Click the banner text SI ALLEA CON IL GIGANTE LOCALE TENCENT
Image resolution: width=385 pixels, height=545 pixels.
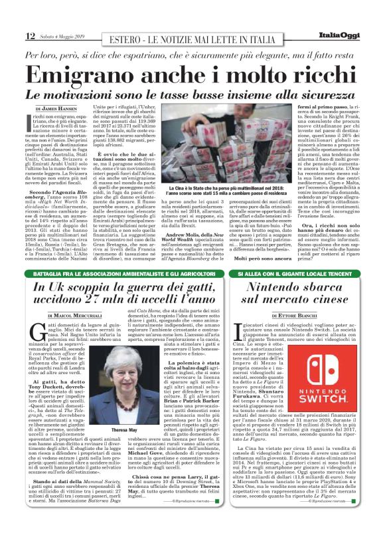click(293, 274)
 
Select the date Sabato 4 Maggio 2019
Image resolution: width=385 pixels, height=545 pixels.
click(60, 36)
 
